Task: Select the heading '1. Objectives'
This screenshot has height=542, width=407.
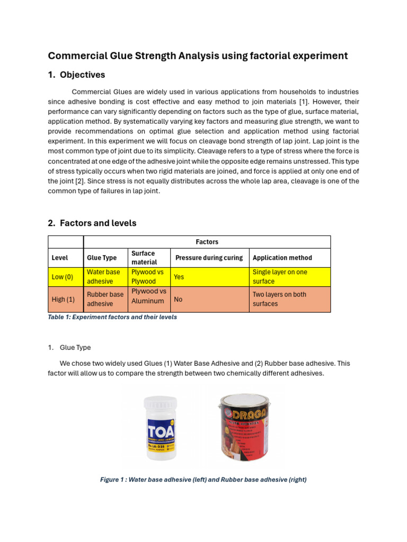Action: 76,75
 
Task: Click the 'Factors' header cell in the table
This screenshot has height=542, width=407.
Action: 207,242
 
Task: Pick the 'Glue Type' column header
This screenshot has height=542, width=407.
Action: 102,258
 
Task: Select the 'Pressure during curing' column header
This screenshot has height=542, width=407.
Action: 209,258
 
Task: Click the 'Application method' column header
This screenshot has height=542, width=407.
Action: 282,258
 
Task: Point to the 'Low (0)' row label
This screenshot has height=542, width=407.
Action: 62,277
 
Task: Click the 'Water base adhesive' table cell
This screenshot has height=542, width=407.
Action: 103,277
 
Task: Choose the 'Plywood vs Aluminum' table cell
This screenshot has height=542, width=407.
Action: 148,296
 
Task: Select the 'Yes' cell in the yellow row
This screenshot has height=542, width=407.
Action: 179,277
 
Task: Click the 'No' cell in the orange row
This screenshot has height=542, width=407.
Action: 178,299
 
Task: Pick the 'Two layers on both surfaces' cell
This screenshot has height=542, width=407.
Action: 279,299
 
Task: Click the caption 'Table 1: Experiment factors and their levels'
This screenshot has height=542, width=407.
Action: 112,317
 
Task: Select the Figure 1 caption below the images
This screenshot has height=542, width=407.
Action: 203,480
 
